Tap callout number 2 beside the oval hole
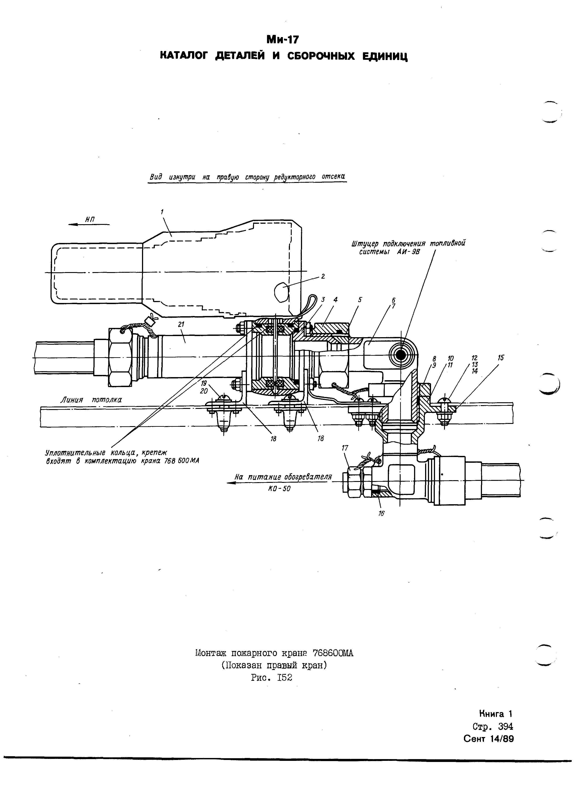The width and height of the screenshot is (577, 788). pyautogui.click(x=323, y=276)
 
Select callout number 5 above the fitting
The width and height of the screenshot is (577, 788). pyautogui.click(x=360, y=300)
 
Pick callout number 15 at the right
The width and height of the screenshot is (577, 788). pyautogui.click(x=501, y=358)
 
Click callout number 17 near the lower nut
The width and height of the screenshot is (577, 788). pyautogui.click(x=345, y=448)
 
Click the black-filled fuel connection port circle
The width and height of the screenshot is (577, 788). pyautogui.click(x=400, y=355)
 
